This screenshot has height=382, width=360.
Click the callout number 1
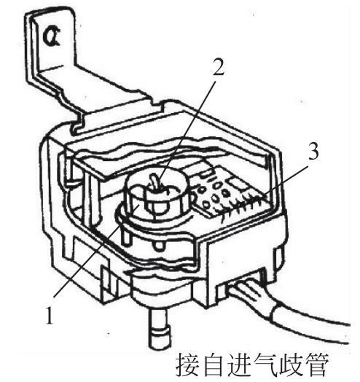click(50, 315)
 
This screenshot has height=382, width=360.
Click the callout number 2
click(218, 66)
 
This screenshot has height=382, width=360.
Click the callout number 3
click(313, 152)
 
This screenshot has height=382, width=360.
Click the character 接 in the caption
click(187, 365)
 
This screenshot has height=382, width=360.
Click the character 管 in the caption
click(316, 365)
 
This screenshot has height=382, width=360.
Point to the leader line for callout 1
click(96, 251)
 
